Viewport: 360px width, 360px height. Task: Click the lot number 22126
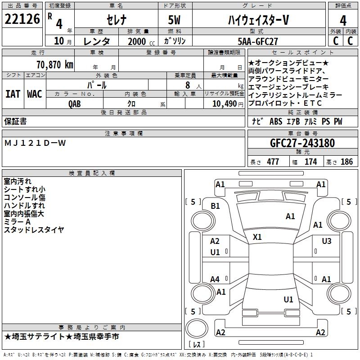[22, 19]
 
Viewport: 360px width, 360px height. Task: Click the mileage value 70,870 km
[54, 64]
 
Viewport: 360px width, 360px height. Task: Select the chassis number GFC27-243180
[302, 144]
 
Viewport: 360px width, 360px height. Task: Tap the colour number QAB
[75, 103]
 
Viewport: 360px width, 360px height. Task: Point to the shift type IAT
[13, 94]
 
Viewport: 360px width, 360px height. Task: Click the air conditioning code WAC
[34, 94]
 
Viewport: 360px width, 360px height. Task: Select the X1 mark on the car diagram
[257, 237]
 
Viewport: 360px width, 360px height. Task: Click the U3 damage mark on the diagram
[327, 241]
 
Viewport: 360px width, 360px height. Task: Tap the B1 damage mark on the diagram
[216, 206]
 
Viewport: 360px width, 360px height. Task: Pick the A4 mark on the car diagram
[215, 279]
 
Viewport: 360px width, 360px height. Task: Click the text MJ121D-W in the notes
[35, 143]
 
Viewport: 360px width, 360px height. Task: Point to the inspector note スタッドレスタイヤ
[34, 229]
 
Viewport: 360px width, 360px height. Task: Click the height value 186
[347, 162]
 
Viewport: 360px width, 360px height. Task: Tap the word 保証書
[15, 121]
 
